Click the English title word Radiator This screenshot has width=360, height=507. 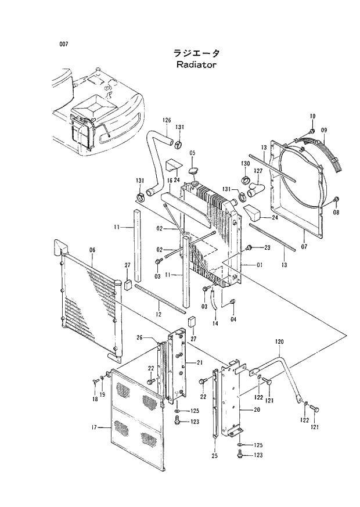(x=196, y=64)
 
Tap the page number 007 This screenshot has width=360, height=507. (x=64, y=44)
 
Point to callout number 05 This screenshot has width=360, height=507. (x=192, y=153)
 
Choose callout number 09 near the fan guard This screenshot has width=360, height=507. (x=324, y=130)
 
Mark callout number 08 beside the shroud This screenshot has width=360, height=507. (x=336, y=213)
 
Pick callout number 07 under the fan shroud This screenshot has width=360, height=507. (x=304, y=229)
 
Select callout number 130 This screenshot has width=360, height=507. (x=246, y=164)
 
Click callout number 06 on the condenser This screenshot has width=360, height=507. (x=92, y=250)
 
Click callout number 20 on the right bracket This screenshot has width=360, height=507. (x=256, y=409)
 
